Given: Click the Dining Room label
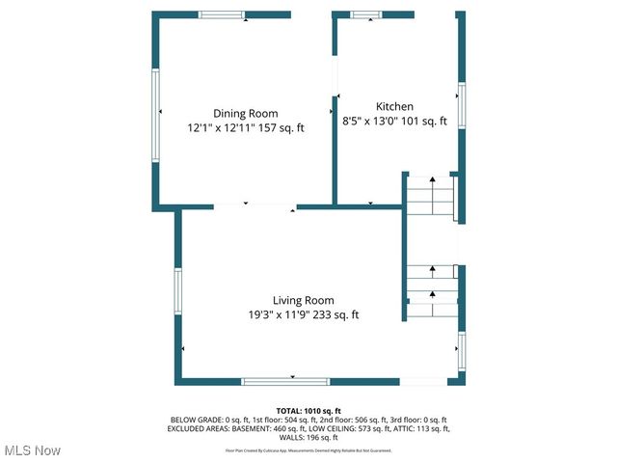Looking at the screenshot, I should coord(245,113).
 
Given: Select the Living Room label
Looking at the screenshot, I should coord(303,300).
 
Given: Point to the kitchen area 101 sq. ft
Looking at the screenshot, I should coord(423,122).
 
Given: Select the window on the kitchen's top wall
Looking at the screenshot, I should coord(366,15).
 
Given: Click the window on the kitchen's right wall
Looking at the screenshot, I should coord(461,105).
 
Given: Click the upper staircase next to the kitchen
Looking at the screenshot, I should coord(429,196).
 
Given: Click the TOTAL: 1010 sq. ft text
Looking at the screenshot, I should coord(308,411).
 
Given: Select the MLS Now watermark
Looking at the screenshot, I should coord(32,450).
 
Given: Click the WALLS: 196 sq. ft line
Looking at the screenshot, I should coord(308,436).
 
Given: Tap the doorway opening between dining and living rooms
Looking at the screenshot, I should coord(255,206).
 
